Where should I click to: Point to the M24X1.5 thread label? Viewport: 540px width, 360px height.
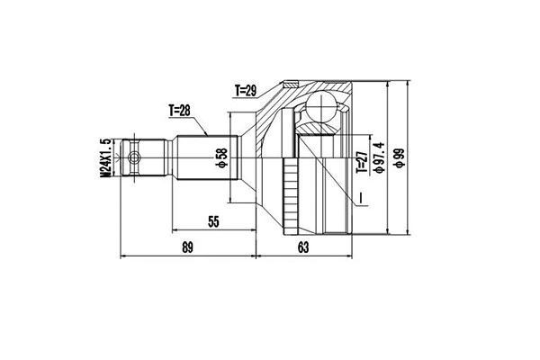pos(106,159)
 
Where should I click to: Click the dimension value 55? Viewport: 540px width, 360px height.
pos(214,220)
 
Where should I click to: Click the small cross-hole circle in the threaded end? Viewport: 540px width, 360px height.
pos(134,159)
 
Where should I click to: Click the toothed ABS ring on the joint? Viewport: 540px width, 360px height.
pos(291,193)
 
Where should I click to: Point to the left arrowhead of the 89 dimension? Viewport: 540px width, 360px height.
pos(123,257)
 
